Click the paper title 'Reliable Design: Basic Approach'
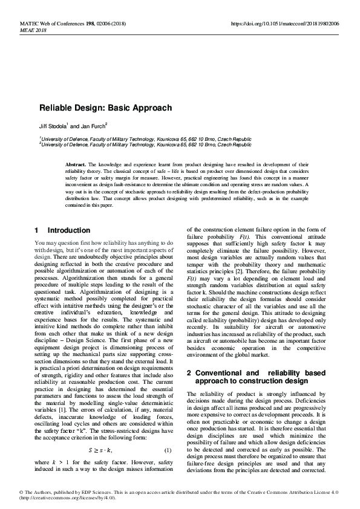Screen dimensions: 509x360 pos(106,108)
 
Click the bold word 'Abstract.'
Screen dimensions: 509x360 pos(76,164)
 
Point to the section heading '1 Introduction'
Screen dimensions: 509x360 pos(63,230)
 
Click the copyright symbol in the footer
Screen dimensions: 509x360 pos(21,491)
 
